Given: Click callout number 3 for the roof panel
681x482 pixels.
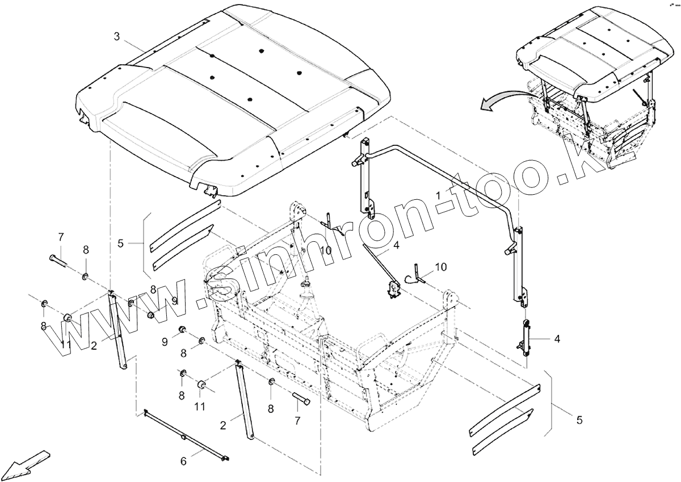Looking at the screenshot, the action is (x=117, y=37).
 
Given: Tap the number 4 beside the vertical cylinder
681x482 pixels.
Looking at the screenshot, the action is (x=557, y=339).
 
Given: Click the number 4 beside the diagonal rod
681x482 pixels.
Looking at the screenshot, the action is (x=396, y=245).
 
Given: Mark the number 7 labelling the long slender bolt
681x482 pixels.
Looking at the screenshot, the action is (x=61, y=236).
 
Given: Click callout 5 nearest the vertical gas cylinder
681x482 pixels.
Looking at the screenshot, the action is (x=579, y=421).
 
